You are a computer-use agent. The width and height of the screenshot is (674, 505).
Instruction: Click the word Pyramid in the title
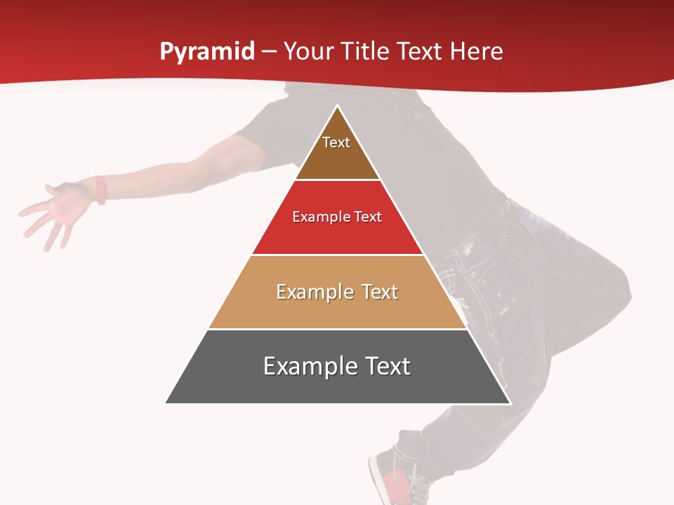[x=207, y=52]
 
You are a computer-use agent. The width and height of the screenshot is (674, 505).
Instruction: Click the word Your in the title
[x=309, y=52]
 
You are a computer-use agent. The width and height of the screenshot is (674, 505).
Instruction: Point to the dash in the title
[x=268, y=53]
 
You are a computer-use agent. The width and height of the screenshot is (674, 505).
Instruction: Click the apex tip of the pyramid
[x=338, y=107]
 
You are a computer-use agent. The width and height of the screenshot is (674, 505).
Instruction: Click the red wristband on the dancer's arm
[x=100, y=190]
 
